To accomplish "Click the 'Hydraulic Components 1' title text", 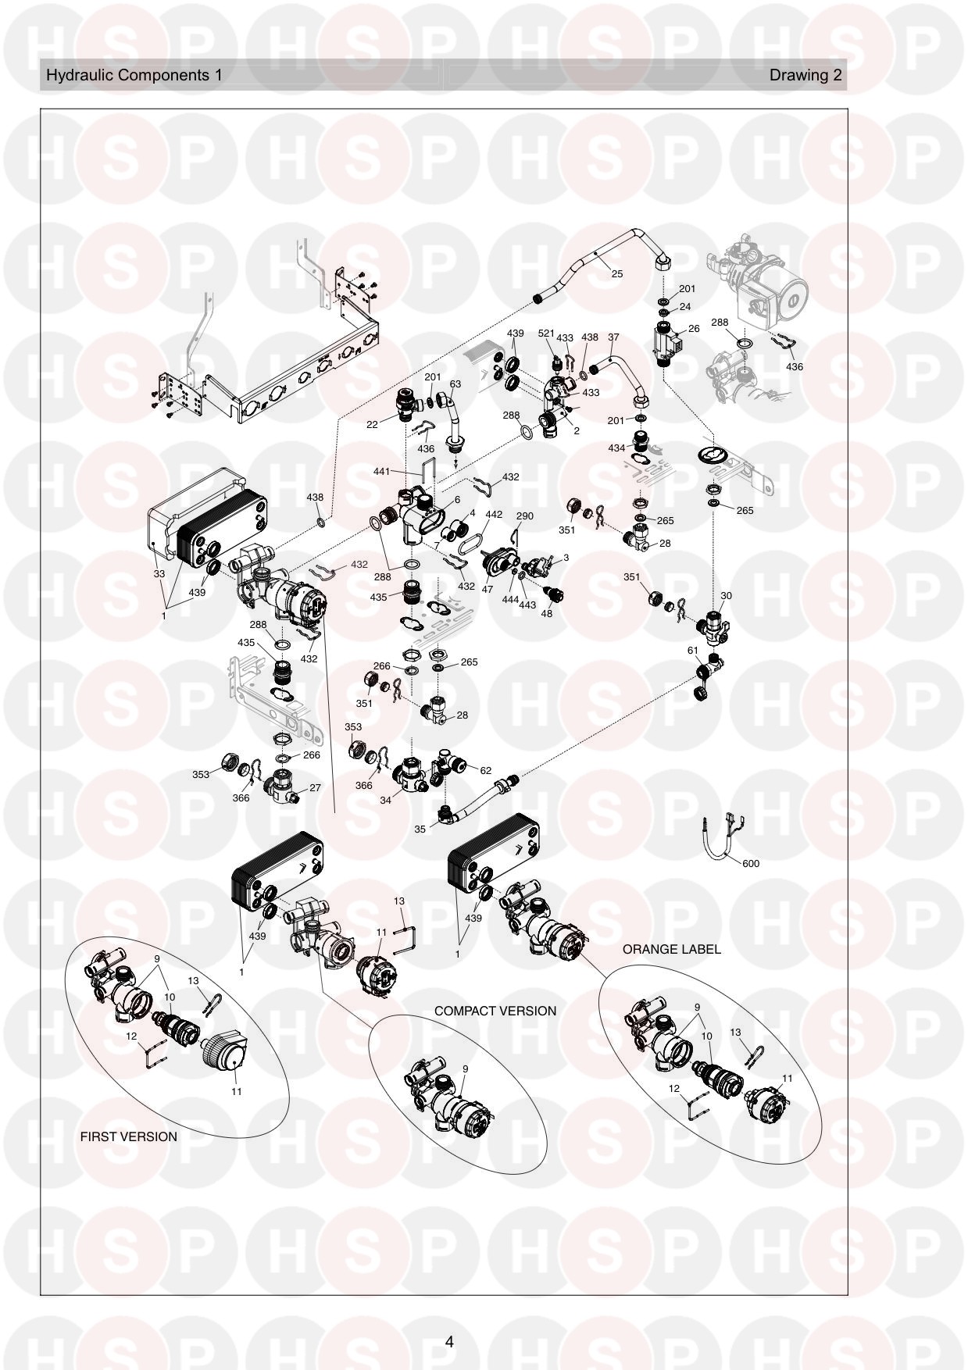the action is click(x=134, y=75).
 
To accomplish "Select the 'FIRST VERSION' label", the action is click(x=129, y=1136).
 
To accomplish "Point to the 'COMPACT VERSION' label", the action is click(x=495, y=1011).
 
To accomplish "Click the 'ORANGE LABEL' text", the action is click(x=672, y=950).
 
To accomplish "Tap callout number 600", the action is click(x=750, y=864).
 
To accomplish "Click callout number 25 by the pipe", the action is click(x=617, y=274).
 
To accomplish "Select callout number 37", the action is click(x=613, y=337).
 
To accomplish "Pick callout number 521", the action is click(x=546, y=334).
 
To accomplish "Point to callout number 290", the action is click(x=525, y=516).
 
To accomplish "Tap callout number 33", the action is click(x=159, y=573).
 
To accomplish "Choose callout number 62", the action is click(x=485, y=770).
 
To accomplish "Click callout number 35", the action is click(x=420, y=829).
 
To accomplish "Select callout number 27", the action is click(x=315, y=788).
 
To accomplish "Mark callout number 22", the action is click(x=373, y=423).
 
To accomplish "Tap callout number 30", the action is click(x=727, y=596).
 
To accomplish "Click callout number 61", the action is click(x=693, y=651).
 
